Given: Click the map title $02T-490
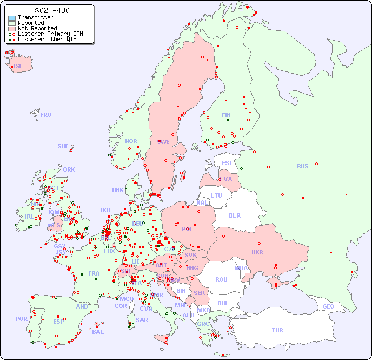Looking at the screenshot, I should pos(52,10).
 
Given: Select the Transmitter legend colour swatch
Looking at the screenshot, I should pos(12,18).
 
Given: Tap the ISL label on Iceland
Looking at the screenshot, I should pos(18,67).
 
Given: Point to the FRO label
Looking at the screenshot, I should pos(46,115).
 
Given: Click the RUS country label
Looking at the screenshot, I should pos(302,166).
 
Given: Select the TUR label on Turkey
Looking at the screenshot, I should pos(277,330).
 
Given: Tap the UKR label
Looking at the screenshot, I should pos(257,252).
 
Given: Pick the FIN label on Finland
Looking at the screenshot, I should pos(226,115).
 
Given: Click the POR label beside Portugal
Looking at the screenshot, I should pos(21,319).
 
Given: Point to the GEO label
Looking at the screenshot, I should pos(328,306).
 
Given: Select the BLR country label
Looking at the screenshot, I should pos(235,215).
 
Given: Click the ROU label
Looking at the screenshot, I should pos(221,279).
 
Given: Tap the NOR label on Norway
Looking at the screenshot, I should pos(131,141).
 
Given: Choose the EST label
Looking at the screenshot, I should pos(227,163).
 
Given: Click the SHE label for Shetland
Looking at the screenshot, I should pos(63,146).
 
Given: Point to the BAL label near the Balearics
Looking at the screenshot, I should pos(98,332).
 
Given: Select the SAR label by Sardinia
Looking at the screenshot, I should pos(142,320).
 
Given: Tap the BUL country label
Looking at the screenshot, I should pos(223,303).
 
